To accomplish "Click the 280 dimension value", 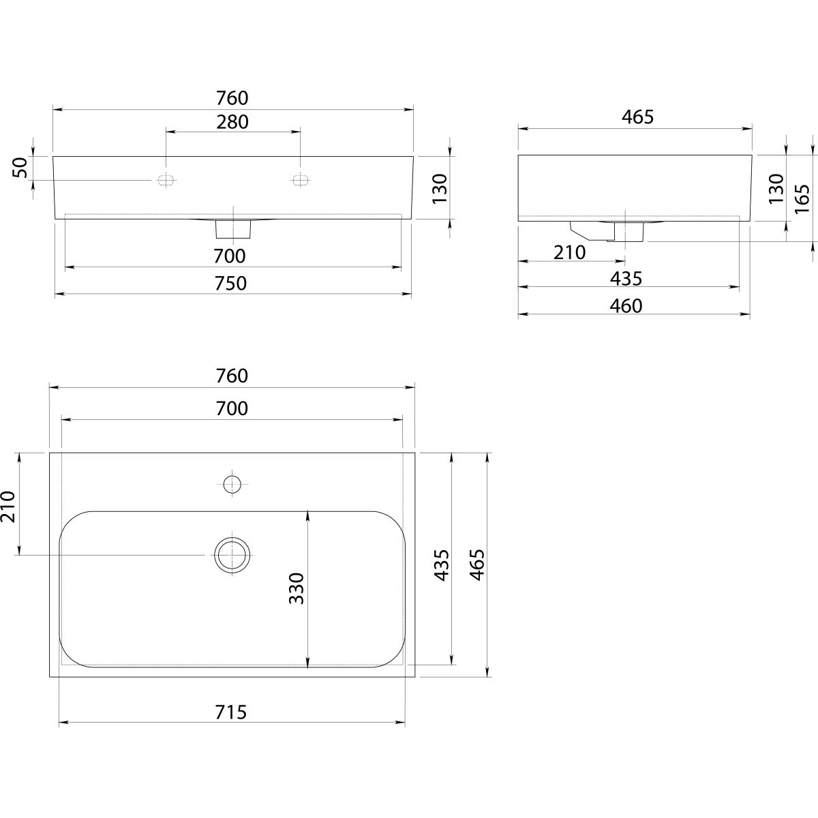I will tap(233, 122).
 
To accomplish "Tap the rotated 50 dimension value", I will tap(20, 168).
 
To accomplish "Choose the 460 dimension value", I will tap(626, 306).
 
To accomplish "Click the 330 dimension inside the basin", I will tap(296, 588).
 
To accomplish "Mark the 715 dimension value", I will tap(231, 712).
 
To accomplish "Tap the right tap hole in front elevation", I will tap(300, 180).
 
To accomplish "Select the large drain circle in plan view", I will tap(233, 554).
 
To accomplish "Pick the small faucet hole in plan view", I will tap(233, 485).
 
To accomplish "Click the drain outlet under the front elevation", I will tap(233, 229).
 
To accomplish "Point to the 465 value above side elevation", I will tap(637, 117).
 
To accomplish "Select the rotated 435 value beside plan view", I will tap(442, 565).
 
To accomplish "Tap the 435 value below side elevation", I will tap(626, 278).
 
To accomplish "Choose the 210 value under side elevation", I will tap(570, 252).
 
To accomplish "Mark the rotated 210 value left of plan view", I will tap(8, 506).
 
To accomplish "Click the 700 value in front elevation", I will tap(229, 257).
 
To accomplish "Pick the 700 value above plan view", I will tap(232, 408).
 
